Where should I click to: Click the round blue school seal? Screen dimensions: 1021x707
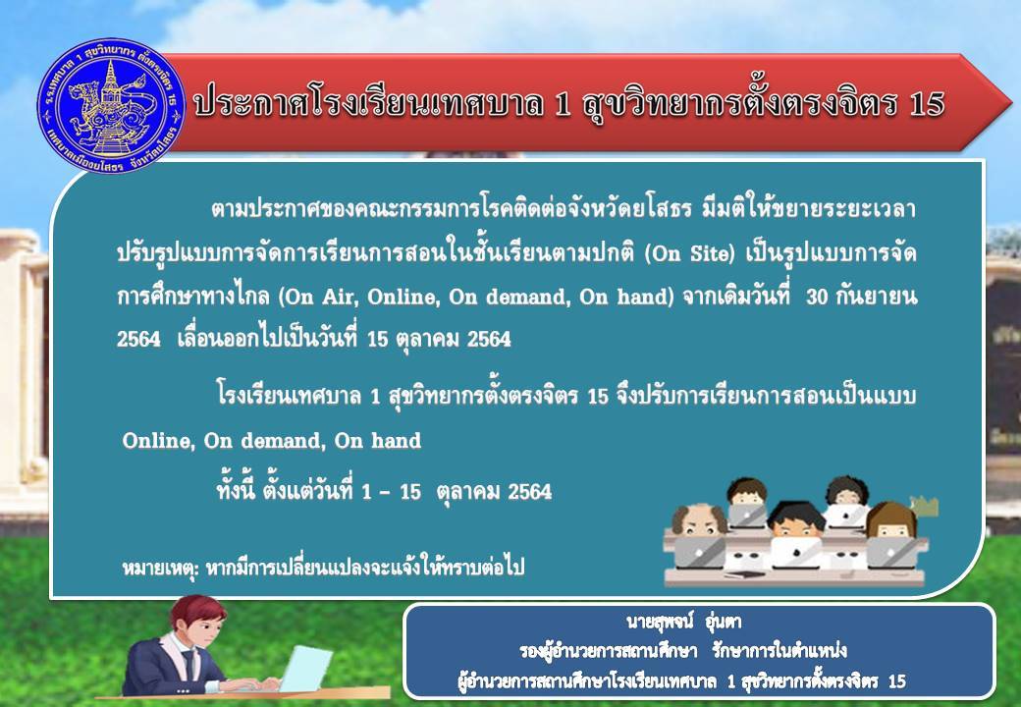[x=111, y=105]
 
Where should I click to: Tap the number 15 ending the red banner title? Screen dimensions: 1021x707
[x=926, y=104]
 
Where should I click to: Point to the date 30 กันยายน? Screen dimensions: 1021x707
[x=861, y=297]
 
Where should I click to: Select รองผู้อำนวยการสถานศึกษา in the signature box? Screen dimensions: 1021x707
[x=608, y=651]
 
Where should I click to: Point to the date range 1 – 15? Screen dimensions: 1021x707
[x=392, y=492]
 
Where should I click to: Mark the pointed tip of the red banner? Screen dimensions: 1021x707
[x=1011, y=102]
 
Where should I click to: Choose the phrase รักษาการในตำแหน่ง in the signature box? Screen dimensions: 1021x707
[x=779, y=651]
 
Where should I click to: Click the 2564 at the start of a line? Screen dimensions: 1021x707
[x=138, y=339]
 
